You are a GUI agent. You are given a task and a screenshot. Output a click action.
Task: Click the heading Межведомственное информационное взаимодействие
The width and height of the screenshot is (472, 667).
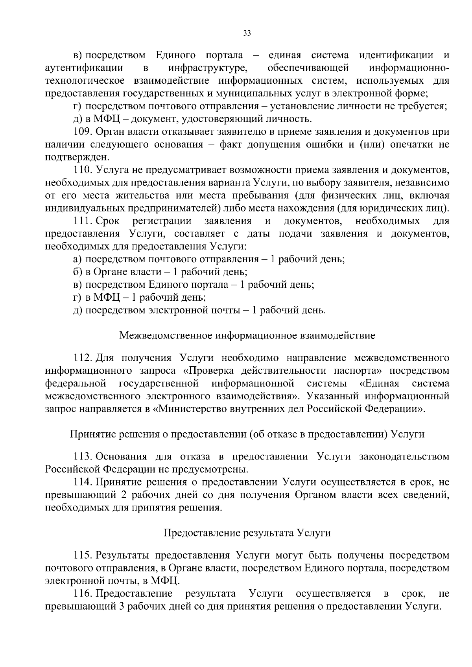pos(247,336)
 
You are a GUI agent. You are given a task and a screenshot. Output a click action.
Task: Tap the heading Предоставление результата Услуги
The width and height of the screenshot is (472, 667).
pos(247,533)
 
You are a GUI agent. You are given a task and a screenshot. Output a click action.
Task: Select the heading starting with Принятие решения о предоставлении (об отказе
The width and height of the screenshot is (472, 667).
pos(247,434)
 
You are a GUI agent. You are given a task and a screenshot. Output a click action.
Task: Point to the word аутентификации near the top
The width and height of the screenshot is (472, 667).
pos(84,68)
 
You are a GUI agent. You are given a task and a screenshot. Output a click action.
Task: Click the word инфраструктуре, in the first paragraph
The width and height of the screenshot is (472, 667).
pos(208,68)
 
